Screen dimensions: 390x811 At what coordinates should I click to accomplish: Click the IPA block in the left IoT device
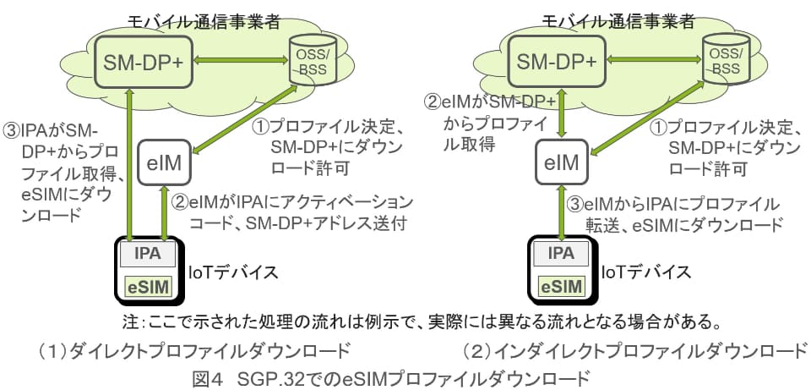click(x=148, y=252)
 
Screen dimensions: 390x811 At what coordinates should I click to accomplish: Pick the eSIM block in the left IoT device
click(x=148, y=285)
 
